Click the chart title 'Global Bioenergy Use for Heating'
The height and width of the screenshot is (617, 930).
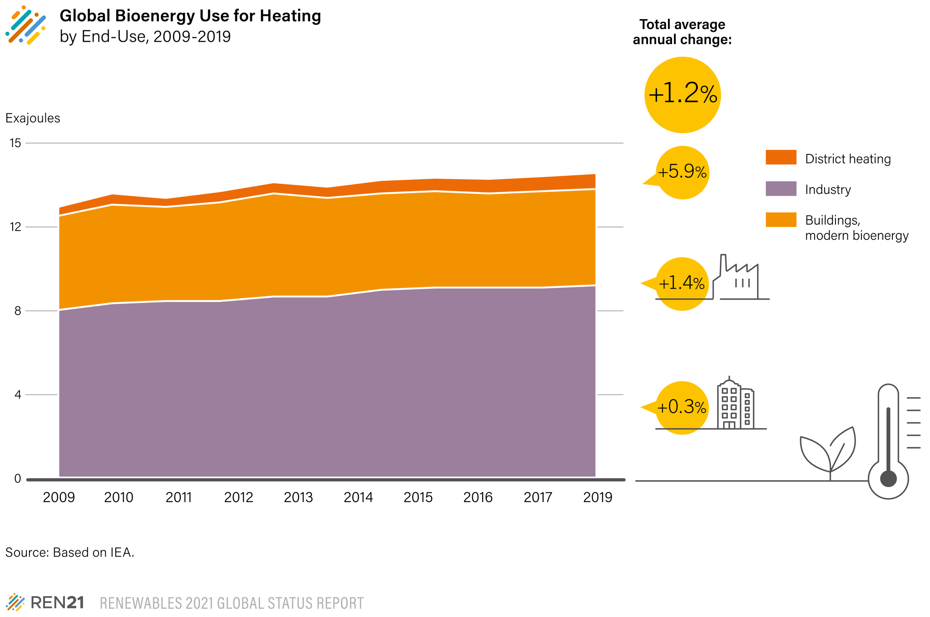click(x=190, y=16)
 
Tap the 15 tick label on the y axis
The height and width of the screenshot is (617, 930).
click(x=15, y=143)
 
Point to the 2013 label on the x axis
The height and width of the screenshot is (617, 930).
click(x=298, y=498)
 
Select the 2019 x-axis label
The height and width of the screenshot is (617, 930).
click(x=598, y=498)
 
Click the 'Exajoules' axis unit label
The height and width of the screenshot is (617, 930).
click(x=33, y=118)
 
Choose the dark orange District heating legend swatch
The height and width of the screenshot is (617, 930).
click(x=781, y=157)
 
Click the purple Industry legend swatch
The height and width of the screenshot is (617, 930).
click(x=781, y=188)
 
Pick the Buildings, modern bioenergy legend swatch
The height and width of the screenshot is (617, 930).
click(x=781, y=219)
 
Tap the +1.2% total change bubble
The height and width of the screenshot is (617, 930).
click(x=683, y=95)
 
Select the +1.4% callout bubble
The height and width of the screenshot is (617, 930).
click(x=682, y=284)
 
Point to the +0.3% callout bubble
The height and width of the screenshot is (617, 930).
click(x=682, y=408)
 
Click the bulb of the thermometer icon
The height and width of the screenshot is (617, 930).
click(x=888, y=479)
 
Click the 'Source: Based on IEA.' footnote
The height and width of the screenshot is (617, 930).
click(x=70, y=553)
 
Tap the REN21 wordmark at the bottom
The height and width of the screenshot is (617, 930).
click(x=57, y=603)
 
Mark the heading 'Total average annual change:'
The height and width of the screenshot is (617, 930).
click(x=682, y=32)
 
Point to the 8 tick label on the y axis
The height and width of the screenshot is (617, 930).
click(x=18, y=311)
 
